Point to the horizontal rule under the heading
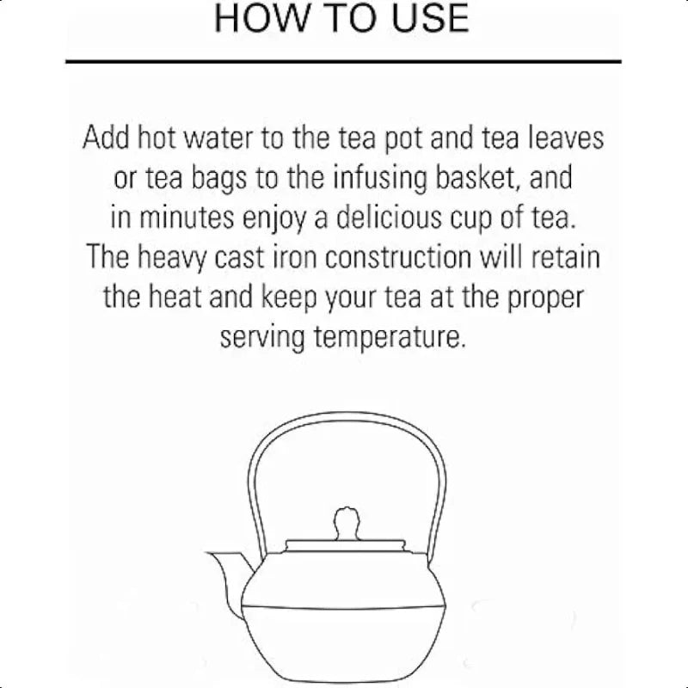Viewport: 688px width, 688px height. coord(343,61)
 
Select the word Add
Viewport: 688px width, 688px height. coord(106,138)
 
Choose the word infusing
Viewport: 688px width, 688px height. coord(379,179)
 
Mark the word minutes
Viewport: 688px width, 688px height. coord(187,218)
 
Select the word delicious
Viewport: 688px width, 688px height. coord(389,218)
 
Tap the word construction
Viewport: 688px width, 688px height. coord(398,257)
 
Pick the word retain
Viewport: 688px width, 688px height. coord(566,257)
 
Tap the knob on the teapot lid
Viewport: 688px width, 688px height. coord(347,524)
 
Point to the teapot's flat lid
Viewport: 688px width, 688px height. coord(346,546)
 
